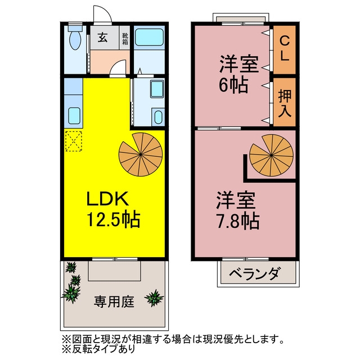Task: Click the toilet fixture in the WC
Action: click(x=75, y=37)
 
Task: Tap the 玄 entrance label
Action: click(x=102, y=38)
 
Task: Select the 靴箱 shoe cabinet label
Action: click(x=125, y=39)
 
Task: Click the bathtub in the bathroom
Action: click(x=149, y=37)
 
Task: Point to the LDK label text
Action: click(x=107, y=199)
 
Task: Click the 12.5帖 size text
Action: click(x=114, y=219)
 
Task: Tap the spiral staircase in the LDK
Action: click(x=141, y=154)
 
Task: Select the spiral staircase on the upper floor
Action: click(x=271, y=155)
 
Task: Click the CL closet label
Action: click(x=285, y=49)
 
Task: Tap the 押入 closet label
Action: click(x=285, y=103)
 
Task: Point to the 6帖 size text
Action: click(x=233, y=85)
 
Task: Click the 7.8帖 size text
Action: click(x=238, y=221)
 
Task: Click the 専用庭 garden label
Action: click(x=114, y=301)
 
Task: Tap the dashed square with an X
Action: click(x=74, y=141)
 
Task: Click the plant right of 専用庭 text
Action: click(x=154, y=298)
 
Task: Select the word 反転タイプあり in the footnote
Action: click(x=103, y=349)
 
